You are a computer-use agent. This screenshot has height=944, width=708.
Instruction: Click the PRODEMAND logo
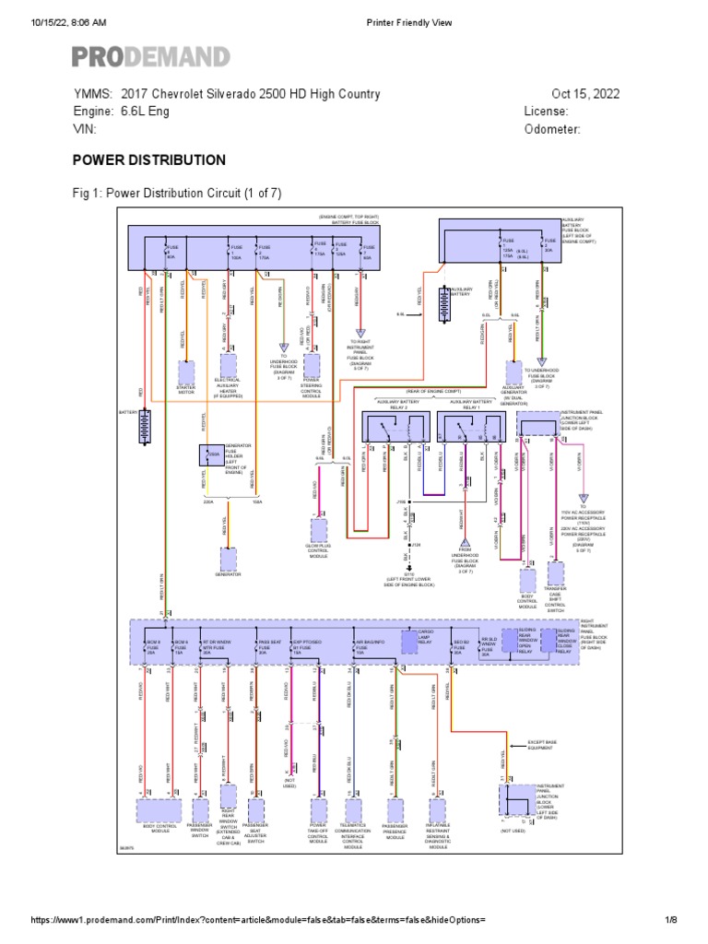[x=151, y=56]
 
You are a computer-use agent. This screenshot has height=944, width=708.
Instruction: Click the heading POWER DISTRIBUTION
[x=149, y=160]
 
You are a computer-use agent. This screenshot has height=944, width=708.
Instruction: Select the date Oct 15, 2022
[x=585, y=94]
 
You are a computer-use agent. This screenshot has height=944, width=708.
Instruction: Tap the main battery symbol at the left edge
[x=143, y=428]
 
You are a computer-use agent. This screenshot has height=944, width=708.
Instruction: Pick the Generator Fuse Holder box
[x=211, y=455]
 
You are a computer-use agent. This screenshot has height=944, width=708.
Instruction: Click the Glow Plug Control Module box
[x=318, y=529]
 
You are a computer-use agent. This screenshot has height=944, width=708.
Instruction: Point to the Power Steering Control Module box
[x=312, y=363]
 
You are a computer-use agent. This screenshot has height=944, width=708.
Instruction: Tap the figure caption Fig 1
[x=177, y=193]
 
